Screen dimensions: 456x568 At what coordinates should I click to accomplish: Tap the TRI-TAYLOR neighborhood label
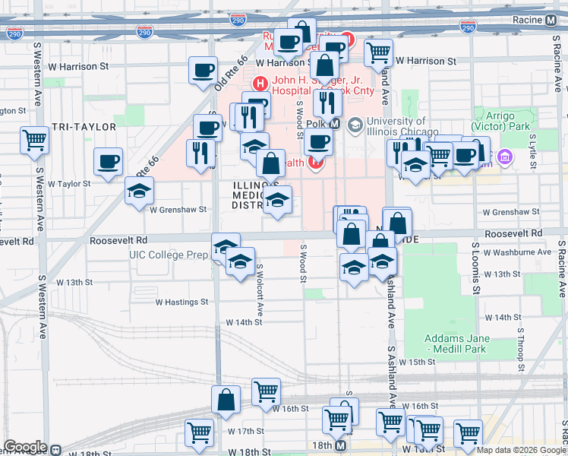click(x=84, y=127)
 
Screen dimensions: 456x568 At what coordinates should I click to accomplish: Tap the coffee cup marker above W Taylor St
click(x=108, y=161)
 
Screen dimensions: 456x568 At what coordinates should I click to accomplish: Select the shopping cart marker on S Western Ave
click(x=34, y=140)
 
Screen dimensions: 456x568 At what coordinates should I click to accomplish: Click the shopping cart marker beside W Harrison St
click(x=378, y=52)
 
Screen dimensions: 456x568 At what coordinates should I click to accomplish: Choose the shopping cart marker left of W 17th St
click(x=199, y=433)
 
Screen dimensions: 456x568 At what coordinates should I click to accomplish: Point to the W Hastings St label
click(x=181, y=302)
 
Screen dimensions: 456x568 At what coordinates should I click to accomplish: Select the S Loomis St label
click(x=476, y=268)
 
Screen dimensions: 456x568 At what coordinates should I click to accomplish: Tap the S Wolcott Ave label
click(x=260, y=290)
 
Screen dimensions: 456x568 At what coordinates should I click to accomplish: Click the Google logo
click(x=25, y=447)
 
